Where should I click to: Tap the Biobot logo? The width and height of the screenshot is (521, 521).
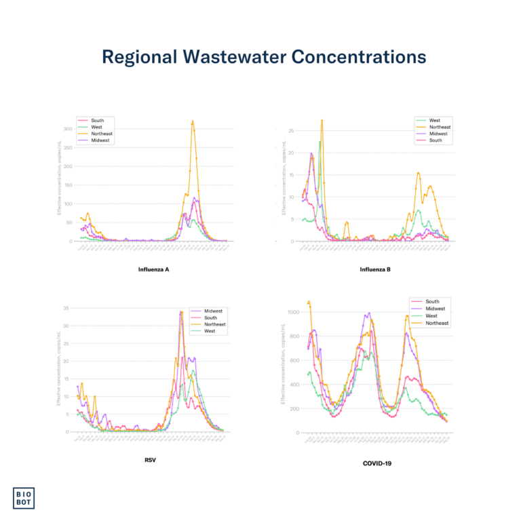point(26,497)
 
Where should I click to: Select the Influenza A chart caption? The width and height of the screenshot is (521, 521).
point(153,269)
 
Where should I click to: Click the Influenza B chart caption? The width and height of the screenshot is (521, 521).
point(374,269)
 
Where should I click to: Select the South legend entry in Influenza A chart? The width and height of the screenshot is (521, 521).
point(98,120)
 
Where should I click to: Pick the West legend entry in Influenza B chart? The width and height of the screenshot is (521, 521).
point(434,120)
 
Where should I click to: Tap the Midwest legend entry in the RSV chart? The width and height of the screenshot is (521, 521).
point(213,311)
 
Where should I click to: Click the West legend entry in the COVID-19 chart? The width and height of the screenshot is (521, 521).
point(431,315)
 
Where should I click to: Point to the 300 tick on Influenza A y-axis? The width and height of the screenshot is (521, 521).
point(68,129)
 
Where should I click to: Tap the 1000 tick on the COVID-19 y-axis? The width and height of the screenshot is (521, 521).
point(294,312)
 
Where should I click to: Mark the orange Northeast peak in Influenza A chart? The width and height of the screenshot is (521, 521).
point(193,121)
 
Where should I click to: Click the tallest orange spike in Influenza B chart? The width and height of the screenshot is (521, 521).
point(322,120)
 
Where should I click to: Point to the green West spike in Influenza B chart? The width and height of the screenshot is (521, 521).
point(320,142)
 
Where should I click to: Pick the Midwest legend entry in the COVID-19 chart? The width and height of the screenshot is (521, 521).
point(435,309)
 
